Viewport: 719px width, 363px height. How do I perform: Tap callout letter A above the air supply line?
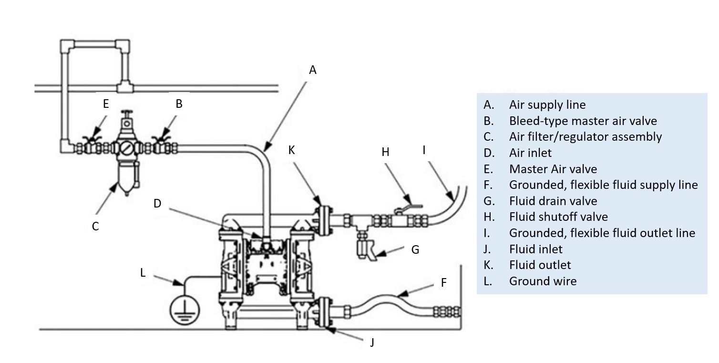313,70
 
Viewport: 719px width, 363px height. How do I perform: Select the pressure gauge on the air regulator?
127,148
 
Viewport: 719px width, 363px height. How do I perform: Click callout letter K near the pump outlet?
291,150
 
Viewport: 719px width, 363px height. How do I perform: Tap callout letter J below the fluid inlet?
372,342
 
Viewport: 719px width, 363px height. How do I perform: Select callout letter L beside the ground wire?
143,273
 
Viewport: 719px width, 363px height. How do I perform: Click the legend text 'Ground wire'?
543,281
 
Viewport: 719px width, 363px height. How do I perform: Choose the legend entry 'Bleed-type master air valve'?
583,121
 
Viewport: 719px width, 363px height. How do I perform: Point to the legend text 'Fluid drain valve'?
553,201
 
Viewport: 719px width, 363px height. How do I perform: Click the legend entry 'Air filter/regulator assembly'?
585,137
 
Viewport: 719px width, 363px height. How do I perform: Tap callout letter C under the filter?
95,226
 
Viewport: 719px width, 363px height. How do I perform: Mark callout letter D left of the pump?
157,203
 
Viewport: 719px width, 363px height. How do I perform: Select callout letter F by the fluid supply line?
443,282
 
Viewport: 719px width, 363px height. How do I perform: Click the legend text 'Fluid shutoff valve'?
558,217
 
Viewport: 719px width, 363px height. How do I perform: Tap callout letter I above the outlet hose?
424,150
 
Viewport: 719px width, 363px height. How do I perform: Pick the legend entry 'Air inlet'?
530,153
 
